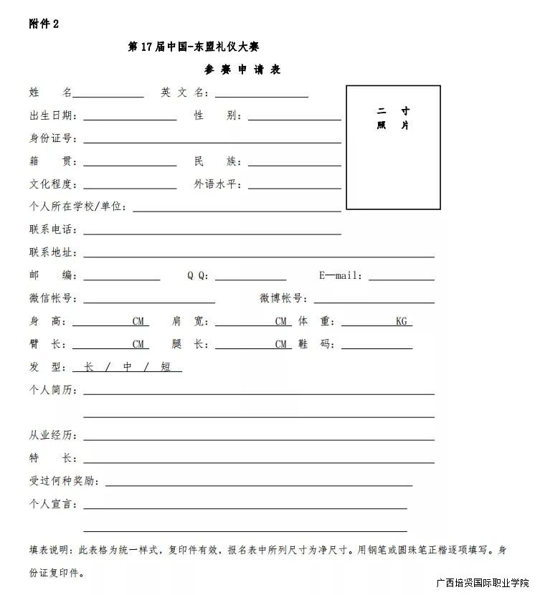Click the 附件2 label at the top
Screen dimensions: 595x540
[x=44, y=24]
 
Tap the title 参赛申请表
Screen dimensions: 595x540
[x=242, y=70]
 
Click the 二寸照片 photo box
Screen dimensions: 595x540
[x=393, y=147]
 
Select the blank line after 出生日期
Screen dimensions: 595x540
[x=130, y=117]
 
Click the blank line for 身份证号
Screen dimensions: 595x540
[x=212, y=140]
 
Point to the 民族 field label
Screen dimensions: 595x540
[x=218, y=161]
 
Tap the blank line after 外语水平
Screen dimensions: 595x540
[x=294, y=186]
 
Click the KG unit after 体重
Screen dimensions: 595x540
[x=401, y=322]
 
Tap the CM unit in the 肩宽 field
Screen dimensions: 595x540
[x=281, y=322]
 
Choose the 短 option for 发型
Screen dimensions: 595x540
[x=166, y=367]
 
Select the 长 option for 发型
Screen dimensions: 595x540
[x=89, y=367]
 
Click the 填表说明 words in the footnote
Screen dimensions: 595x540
[x=49, y=551]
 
